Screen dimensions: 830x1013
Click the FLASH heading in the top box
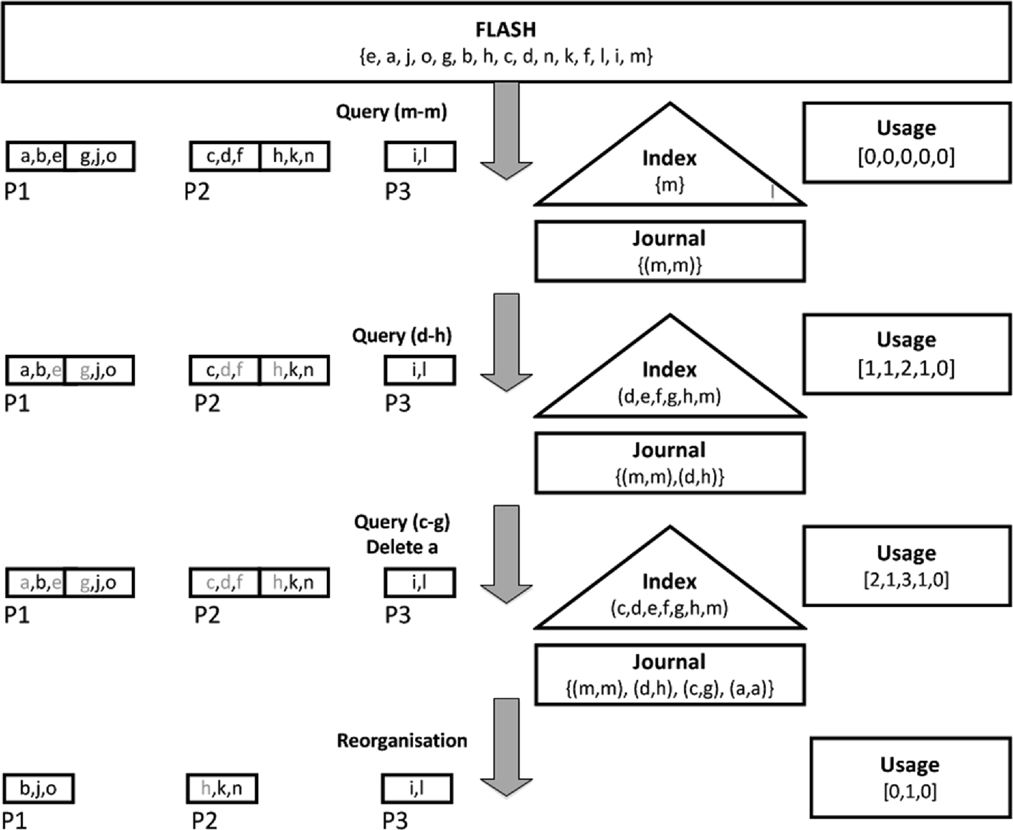click(x=505, y=29)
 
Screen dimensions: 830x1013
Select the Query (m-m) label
click(x=391, y=112)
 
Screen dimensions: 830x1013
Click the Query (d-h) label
click(x=401, y=335)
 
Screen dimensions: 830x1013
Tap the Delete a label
click(x=401, y=548)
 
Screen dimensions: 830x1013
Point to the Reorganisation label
click(x=401, y=740)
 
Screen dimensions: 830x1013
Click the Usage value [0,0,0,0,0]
click(x=906, y=157)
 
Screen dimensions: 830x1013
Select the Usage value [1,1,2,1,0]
click(x=906, y=368)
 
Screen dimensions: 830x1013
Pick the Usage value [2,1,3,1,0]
click(x=906, y=580)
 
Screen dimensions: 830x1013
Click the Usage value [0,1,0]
click(x=910, y=792)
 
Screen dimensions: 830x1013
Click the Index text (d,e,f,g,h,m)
click(x=670, y=396)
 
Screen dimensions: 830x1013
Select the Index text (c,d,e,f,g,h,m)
click(x=670, y=609)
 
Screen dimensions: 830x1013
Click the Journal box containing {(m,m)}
click(x=670, y=251)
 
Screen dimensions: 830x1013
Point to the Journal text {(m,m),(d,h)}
click(x=670, y=477)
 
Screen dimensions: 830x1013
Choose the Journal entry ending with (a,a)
click(x=670, y=689)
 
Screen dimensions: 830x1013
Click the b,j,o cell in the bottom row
click(x=39, y=789)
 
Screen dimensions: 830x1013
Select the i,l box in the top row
click(x=420, y=156)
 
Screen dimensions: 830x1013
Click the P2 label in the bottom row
click(x=204, y=820)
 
